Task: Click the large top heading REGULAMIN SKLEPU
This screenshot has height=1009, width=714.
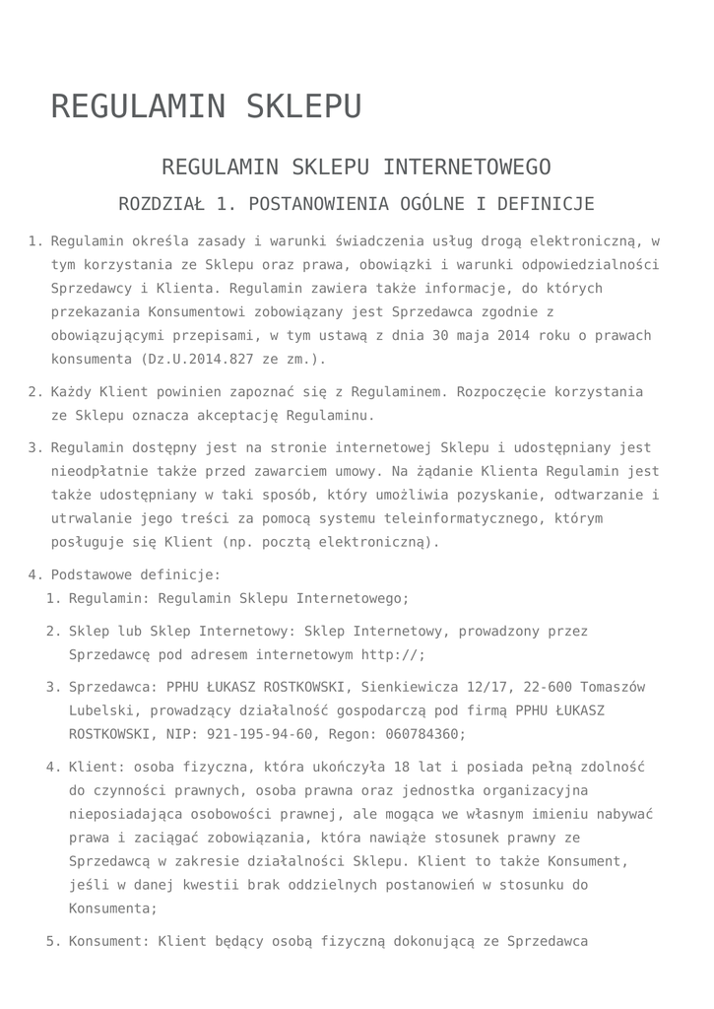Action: tap(206, 106)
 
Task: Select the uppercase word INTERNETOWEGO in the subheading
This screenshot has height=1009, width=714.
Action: tap(467, 167)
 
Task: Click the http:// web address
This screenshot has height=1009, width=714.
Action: tap(393, 654)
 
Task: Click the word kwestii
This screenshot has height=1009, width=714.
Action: tap(215, 885)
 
